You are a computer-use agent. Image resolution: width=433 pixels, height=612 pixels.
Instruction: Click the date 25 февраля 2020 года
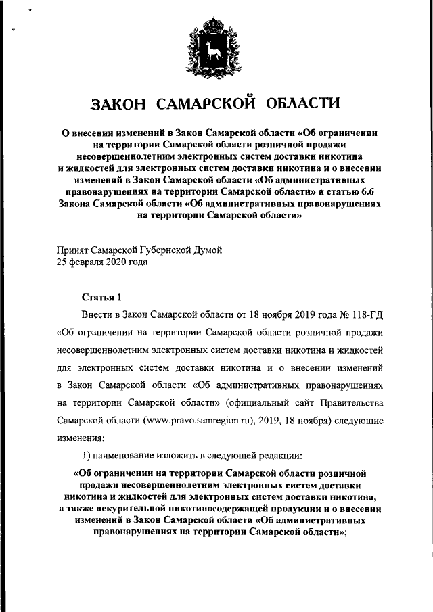pyautogui.click(x=101, y=262)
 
